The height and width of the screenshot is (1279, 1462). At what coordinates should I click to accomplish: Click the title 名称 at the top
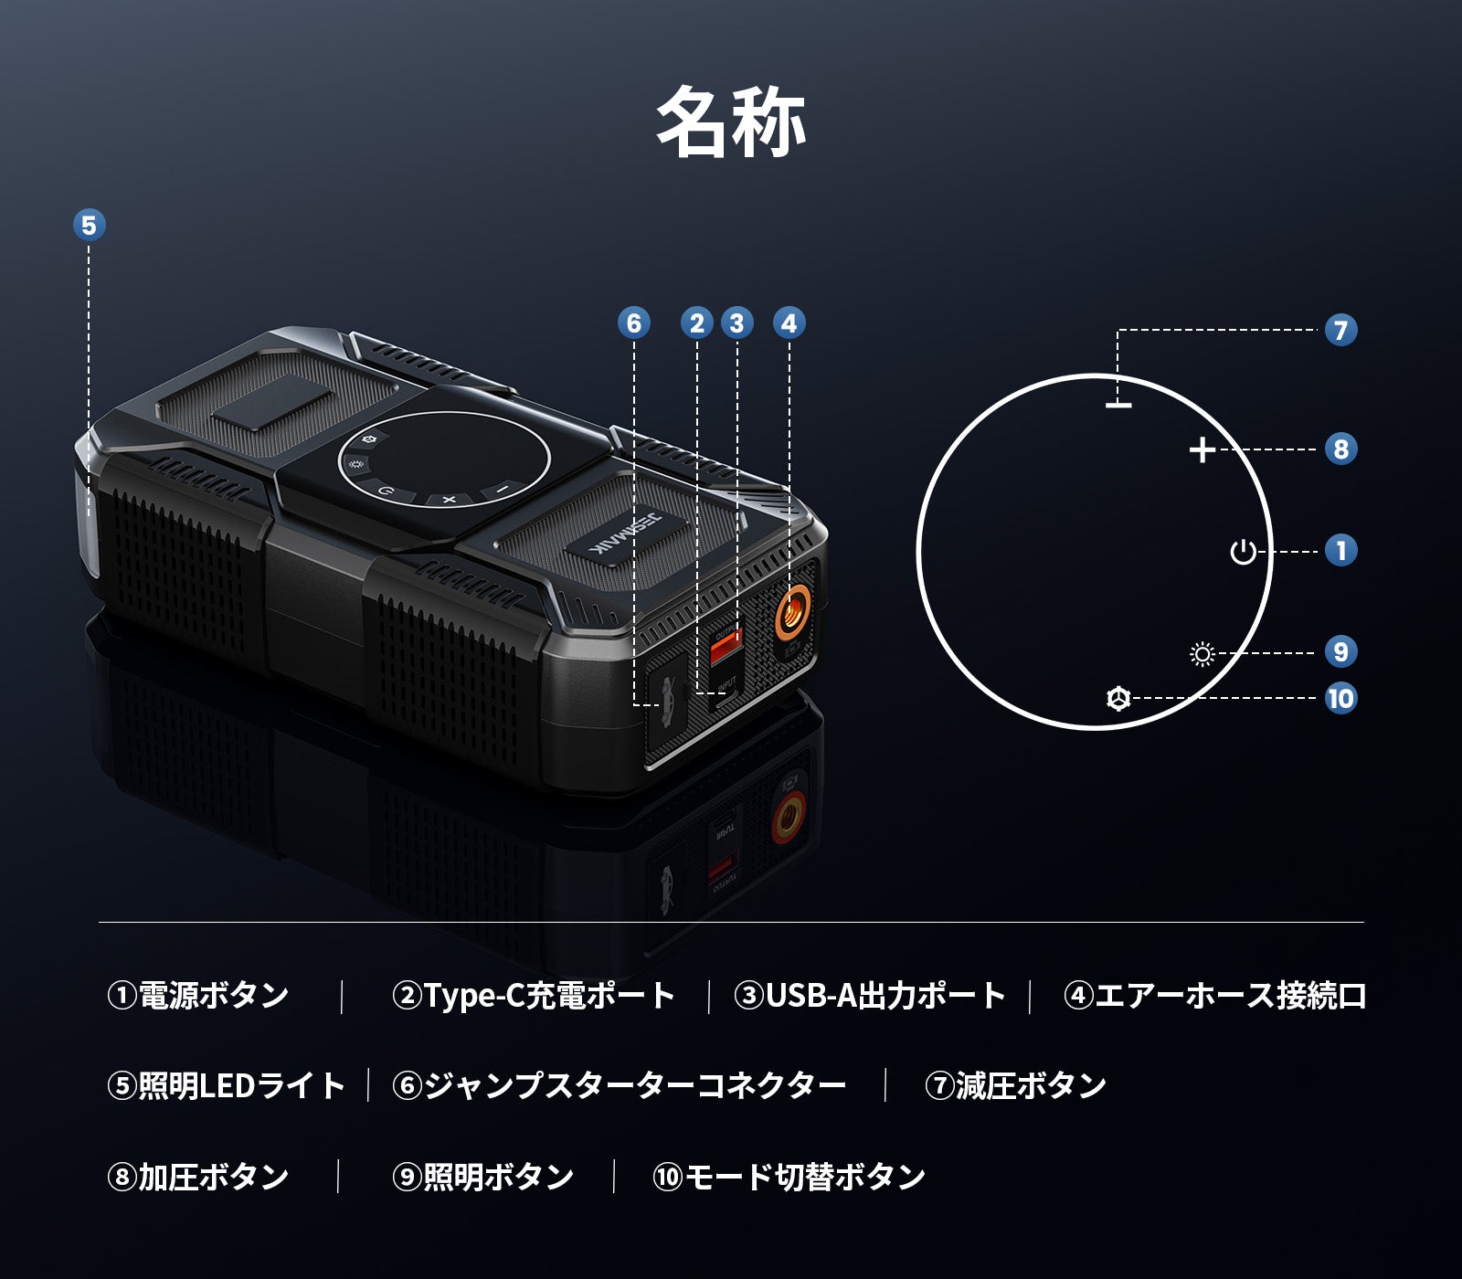point(731,122)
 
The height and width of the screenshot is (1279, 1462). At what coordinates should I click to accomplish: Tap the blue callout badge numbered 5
point(89,225)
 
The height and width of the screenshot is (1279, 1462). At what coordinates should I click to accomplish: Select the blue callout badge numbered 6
point(634,322)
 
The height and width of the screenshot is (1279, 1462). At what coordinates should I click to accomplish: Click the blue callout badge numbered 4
point(789,322)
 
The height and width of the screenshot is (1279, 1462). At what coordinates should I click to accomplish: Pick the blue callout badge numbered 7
point(1340,330)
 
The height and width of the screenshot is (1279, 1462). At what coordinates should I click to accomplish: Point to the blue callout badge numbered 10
point(1340,698)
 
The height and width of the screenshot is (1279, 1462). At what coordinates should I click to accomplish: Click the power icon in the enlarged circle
point(1243,552)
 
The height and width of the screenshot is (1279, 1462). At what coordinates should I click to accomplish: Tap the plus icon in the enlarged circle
point(1202,449)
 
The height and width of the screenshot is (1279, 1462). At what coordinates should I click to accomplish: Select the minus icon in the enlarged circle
point(1118,405)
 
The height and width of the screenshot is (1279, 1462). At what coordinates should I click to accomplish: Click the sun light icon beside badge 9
point(1202,654)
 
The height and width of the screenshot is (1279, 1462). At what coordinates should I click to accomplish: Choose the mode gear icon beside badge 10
point(1118,698)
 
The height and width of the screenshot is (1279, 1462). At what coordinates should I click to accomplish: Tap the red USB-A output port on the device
point(726,647)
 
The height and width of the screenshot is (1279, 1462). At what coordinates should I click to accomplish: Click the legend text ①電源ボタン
point(198,995)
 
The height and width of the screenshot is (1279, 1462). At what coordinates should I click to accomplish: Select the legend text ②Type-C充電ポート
point(534,995)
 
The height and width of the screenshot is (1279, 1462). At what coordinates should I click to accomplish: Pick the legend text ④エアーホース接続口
point(1214,995)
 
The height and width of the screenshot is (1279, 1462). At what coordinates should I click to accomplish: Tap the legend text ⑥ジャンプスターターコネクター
point(619,1085)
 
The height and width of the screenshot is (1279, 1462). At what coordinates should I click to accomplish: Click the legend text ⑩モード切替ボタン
point(789,1177)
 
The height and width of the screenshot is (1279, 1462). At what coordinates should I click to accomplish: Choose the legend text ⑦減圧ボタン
point(1015,1085)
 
